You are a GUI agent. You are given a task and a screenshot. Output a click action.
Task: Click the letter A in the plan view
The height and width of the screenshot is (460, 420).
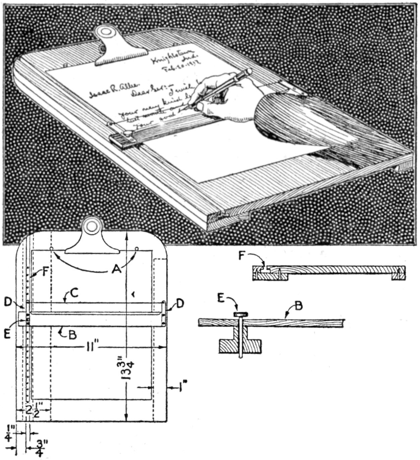click(116, 269)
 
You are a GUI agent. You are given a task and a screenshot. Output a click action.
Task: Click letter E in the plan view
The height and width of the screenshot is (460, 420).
click(9, 325)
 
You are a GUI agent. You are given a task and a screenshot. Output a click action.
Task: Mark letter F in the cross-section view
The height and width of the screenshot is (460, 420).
click(241, 255)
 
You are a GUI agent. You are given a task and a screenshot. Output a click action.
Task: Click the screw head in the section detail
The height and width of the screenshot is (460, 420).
click(241, 314)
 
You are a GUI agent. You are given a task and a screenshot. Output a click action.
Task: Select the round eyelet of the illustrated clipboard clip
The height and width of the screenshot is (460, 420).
click(107, 33)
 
